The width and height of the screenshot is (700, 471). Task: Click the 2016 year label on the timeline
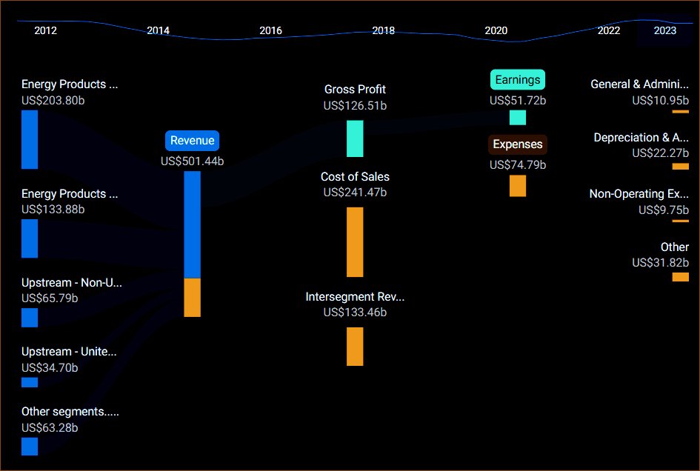point(270,30)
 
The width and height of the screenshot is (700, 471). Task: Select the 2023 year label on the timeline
point(664,30)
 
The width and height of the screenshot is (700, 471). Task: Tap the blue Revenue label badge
point(193,141)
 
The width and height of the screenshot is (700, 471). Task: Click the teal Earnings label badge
point(518,80)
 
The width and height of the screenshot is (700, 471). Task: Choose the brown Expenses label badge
point(518,144)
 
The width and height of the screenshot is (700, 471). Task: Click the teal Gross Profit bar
point(355,138)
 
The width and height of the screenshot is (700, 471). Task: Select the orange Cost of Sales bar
point(355,241)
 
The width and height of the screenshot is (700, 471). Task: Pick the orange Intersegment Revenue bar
point(355,346)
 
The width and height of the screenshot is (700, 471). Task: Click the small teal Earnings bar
point(518,117)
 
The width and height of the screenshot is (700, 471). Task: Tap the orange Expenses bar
point(518,185)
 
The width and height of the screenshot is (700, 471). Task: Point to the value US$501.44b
point(193,160)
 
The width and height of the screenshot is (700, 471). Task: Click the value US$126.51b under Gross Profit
point(355,106)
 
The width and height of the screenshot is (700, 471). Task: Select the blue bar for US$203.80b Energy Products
point(30,139)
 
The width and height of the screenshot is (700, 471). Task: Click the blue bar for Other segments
point(30,447)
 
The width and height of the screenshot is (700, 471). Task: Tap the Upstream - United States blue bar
point(30,382)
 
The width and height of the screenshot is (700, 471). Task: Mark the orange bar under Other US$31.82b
point(680,277)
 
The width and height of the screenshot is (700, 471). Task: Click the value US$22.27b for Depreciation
point(660,153)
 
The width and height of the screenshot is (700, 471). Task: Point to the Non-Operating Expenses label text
point(639,194)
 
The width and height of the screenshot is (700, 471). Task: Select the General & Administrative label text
point(639,84)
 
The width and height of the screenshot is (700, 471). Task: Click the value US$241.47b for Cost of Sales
point(355,193)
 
